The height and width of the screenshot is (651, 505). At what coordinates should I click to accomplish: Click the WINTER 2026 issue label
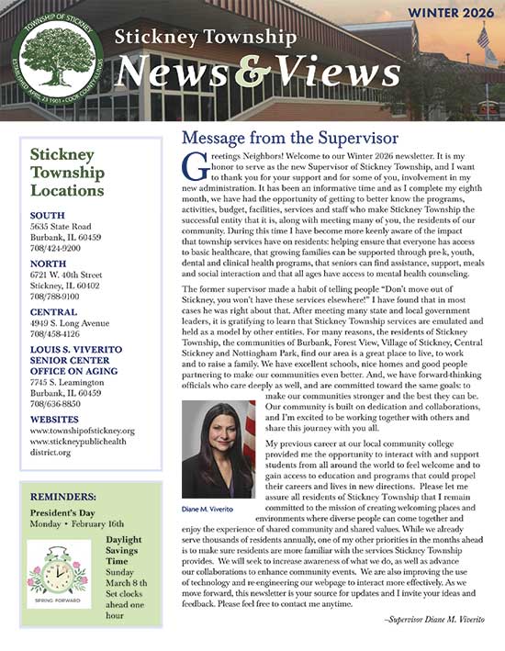[x=447, y=14]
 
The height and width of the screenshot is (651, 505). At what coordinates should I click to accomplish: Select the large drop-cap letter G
[x=192, y=166]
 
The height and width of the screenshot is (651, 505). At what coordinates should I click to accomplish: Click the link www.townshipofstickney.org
[x=82, y=430]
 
